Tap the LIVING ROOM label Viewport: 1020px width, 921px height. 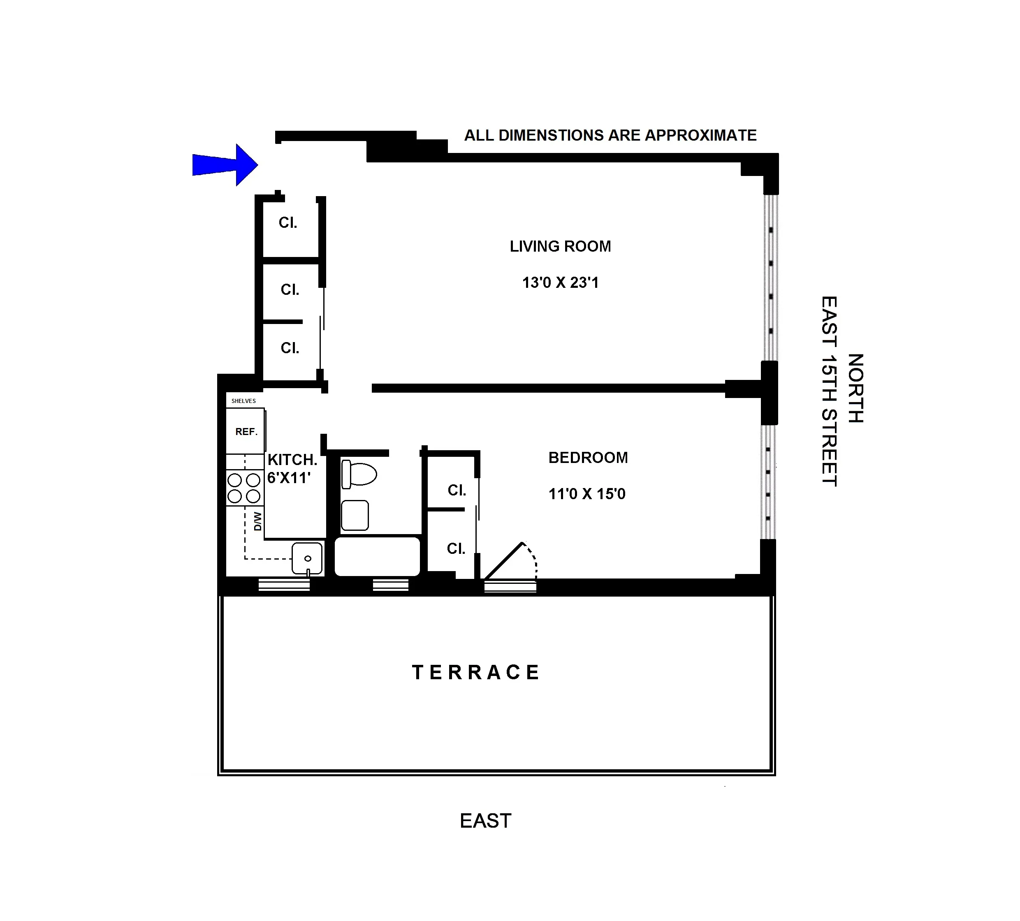[x=560, y=247]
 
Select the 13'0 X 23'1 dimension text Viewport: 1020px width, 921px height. [x=560, y=283]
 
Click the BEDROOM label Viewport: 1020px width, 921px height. [x=588, y=458]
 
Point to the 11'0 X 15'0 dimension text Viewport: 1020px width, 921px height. [x=587, y=494]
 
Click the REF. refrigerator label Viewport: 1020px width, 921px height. [x=246, y=431]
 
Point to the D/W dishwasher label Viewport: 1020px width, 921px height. [x=257, y=521]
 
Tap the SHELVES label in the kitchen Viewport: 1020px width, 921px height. [x=243, y=400]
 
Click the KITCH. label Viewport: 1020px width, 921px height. [x=292, y=460]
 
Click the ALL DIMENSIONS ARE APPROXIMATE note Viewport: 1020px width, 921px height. [x=610, y=136]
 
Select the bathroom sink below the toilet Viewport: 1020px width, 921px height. [x=355, y=515]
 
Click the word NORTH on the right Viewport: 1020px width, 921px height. [x=855, y=388]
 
